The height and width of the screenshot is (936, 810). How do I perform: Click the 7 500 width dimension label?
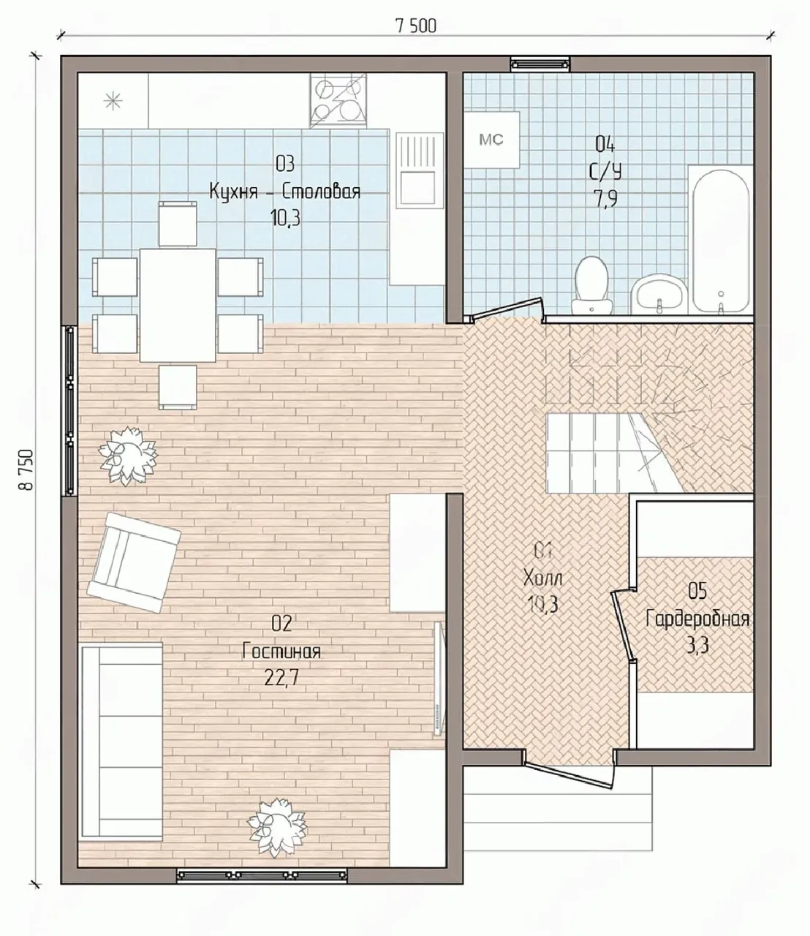coord(417,27)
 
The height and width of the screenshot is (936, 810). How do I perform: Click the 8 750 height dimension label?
coord(26,469)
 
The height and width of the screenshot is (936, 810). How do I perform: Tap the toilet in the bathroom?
coord(591,285)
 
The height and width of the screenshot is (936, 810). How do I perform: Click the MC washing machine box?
coord(491,140)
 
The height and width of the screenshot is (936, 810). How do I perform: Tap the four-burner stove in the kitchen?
coord(338,100)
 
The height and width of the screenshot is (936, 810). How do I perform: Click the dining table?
coord(178,305)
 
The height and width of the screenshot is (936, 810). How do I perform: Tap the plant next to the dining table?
coord(128,456)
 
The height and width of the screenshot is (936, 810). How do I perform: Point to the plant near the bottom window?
coord(276,829)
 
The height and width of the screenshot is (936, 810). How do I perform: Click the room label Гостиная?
coord(281,652)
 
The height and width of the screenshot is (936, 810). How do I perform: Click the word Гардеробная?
coord(697,620)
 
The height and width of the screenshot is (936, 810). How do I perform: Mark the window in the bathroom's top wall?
coord(540,64)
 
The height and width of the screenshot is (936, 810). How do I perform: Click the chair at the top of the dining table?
coord(178,224)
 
